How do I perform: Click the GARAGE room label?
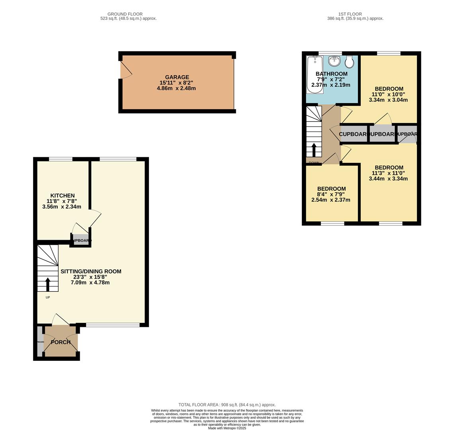177,77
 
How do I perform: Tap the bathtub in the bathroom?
315,75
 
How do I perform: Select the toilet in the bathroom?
349,62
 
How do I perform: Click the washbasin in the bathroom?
335,61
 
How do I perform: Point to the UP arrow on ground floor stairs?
48,285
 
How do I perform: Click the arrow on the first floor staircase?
314,150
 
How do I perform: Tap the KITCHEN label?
63,195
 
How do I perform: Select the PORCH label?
61,342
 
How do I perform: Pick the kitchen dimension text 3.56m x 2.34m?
62,207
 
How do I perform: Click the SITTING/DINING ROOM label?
91,271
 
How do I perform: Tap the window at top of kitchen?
61,159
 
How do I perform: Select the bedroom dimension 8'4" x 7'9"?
331,194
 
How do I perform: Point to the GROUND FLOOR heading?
125,14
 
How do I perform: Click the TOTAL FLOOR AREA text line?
227,405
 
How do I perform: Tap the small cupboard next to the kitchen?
81,240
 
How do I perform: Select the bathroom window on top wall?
330,53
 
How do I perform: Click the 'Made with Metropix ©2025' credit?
227,428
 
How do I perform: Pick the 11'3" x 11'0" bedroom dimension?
388,173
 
